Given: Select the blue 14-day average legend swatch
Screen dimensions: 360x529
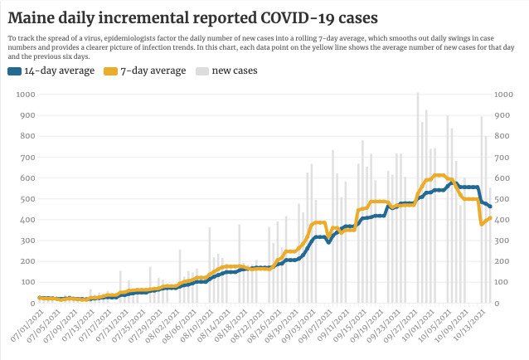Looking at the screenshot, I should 13,71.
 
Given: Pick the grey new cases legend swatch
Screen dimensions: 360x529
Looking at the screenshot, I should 201,71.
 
